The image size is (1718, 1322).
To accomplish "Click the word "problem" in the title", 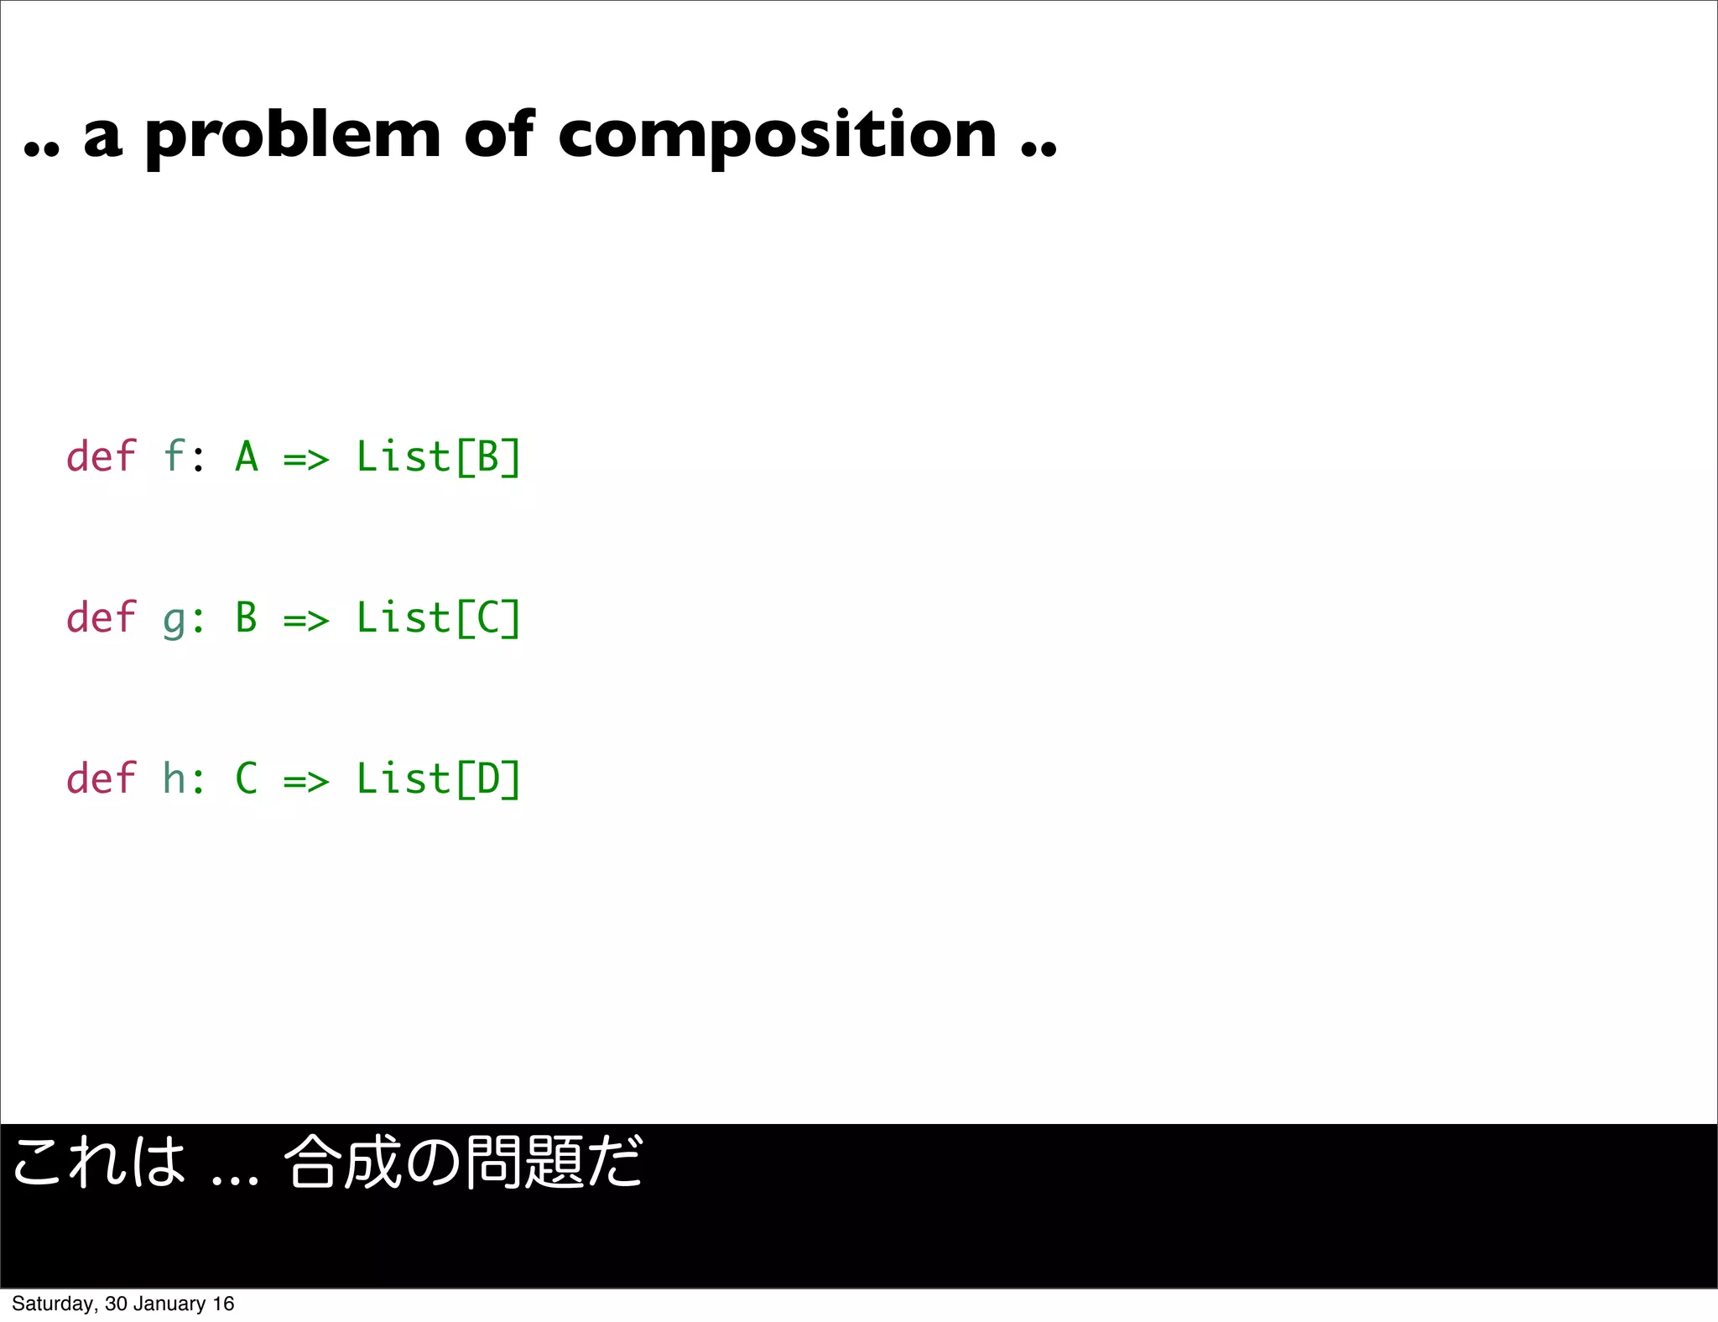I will coord(293,136).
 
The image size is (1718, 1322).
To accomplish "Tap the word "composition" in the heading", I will coord(777,136).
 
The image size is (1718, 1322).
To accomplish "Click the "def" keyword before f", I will coord(101,457).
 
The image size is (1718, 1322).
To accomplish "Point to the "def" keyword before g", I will coord(101,618).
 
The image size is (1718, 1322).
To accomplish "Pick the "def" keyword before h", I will coord(101,779).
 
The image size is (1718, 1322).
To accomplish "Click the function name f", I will coord(174,457).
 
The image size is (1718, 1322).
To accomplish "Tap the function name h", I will coord(174,779).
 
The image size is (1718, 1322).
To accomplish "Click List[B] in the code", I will coord(438,458).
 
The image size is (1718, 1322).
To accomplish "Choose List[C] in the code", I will coord(438,619).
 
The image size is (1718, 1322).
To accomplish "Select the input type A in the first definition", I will coord(247,458).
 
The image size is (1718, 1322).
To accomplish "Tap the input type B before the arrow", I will coord(247,619).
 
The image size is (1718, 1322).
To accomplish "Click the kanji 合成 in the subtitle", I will coord(345,1163).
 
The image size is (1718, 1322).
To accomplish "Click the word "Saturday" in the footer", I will coord(55,1304).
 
